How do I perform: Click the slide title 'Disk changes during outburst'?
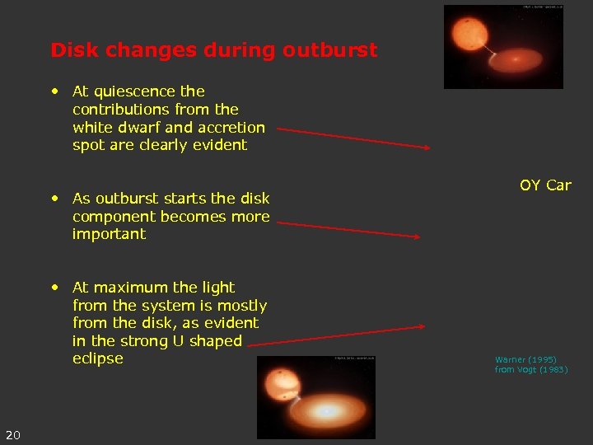[213, 50]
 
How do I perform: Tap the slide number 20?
[13, 434]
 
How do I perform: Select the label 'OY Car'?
[544, 185]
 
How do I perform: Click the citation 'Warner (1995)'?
[525, 360]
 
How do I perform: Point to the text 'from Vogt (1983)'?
[530, 370]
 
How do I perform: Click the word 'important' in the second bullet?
[109, 235]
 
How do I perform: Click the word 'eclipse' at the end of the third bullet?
[97, 359]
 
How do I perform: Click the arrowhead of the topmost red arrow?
[426, 148]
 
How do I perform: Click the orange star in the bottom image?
[281, 385]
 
